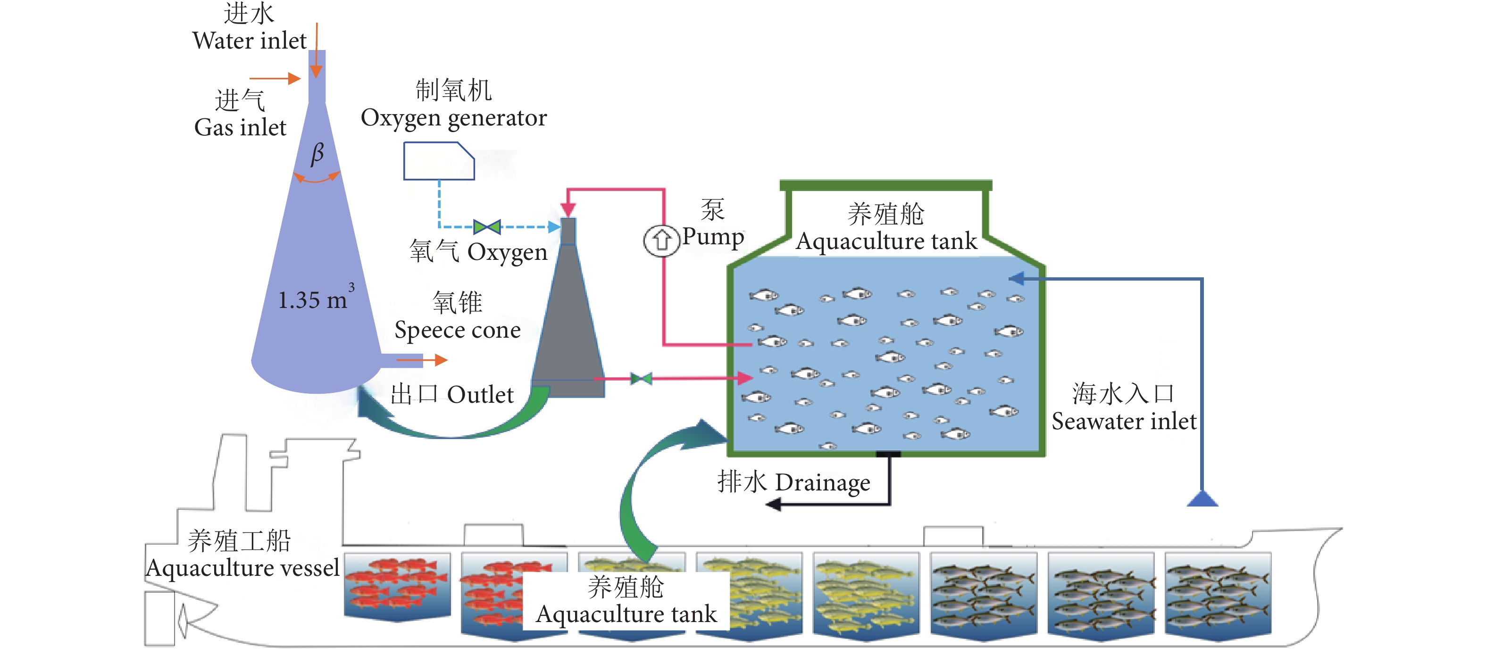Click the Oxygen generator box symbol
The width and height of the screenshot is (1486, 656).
[438, 161]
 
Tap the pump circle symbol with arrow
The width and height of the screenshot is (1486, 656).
[661, 240]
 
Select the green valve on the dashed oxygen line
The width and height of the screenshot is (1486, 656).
[487, 226]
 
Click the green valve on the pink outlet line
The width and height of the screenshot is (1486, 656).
[641, 379]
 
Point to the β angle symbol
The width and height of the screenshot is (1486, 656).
[317, 153]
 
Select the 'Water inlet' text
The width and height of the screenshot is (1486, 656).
[249, 41]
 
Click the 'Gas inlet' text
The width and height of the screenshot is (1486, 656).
[240, 127]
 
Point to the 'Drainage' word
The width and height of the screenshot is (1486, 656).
[822, 482]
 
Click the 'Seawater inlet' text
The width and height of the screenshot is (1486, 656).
[1124, 422]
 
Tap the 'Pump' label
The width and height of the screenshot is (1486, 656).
[714, 236]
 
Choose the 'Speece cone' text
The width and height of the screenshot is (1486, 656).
[458, 330]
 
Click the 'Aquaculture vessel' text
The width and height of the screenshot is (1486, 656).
[242, 568]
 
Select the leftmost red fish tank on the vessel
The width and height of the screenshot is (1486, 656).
[397, 585]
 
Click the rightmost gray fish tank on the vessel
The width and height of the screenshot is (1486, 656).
[1217, 594]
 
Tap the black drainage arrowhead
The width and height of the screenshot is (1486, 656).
[774, 505]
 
